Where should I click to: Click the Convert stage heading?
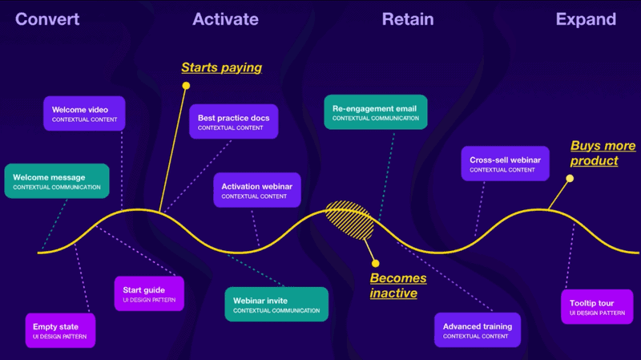click(47, 18)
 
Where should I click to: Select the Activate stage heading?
click(225, 18)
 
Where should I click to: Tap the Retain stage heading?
click(408, 18)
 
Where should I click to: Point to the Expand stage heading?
click(586, 18)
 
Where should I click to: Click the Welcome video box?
click(84, 113)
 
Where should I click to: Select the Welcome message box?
click(56, 180)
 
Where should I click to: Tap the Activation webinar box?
click(256, 190)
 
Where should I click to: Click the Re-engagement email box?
click(375, 111)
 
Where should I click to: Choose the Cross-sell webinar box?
click(505, 162)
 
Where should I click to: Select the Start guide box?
click(149, 293)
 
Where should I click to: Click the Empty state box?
click(60, 330)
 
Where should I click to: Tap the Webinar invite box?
click(276, 304)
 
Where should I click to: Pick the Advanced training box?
click(478, 330)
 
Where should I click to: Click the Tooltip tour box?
click(597, 307)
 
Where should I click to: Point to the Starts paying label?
click(221, 67)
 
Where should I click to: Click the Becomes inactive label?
click(398, 285)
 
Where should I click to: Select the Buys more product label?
click(603, 153)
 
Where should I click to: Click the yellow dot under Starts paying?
click(186, 85)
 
